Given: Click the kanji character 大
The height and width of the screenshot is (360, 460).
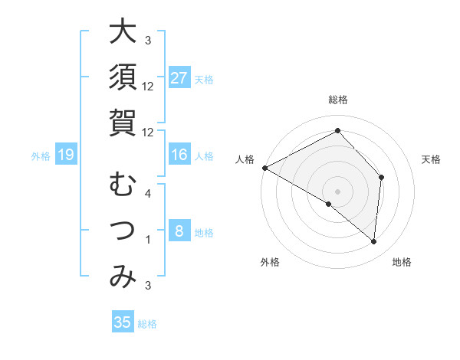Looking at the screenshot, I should (x=123, y=32).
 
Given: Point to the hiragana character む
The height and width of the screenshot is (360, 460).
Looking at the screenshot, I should (x=123, y=185).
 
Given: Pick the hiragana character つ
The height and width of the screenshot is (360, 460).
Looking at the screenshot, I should (x=123, y=231).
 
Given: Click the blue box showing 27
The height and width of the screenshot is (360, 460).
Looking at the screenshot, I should (x=179, y=78).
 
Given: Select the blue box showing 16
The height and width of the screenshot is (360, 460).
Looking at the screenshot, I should (x=179, y=155).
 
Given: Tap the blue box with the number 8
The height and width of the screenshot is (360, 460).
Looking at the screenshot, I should (x=179, y=231).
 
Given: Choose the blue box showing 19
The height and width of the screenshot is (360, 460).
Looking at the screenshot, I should (x=65, y=155).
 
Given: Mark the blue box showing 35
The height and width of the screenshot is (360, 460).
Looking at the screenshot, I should (x=123, y=322).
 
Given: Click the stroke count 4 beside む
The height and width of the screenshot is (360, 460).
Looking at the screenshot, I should (x=148, y=194).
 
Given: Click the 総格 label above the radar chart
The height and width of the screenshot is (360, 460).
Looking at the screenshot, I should (x=337, y=100).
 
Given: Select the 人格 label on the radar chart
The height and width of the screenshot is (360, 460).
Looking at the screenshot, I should (x=245, y=159).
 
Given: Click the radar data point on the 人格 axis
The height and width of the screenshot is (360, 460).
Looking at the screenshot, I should (x=264, y=167).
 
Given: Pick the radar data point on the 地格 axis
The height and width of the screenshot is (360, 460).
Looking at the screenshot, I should (x=373, y=242).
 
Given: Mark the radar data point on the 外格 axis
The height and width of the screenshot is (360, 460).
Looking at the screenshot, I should (x=328, y=205).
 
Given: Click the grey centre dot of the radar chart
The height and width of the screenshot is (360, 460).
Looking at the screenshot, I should (x=337, y=191).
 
